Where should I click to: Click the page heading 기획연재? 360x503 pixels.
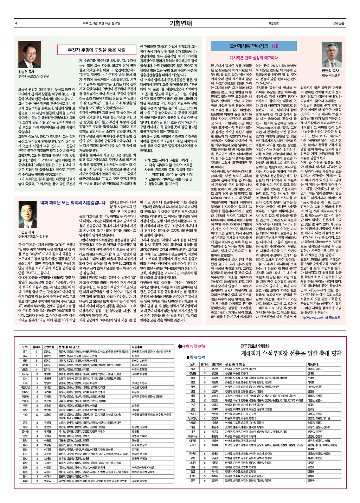point(180,24)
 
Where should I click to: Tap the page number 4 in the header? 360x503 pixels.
point(16,24)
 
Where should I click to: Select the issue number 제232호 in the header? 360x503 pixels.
point(273,24)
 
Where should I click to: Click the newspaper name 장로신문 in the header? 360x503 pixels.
point(338,24)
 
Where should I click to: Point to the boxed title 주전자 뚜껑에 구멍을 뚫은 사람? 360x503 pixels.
point(96,50)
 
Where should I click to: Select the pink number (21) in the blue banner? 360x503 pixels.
point(275,46)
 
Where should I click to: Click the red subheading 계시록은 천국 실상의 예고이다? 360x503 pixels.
point(253,58)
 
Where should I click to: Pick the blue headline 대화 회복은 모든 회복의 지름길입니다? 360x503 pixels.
point(73,202)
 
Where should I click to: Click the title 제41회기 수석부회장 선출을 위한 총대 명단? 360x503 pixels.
point(291,353)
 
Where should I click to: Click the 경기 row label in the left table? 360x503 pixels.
point(25,352)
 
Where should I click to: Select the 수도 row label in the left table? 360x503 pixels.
point(25,414)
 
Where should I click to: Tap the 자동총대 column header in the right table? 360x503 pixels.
point(313,365)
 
